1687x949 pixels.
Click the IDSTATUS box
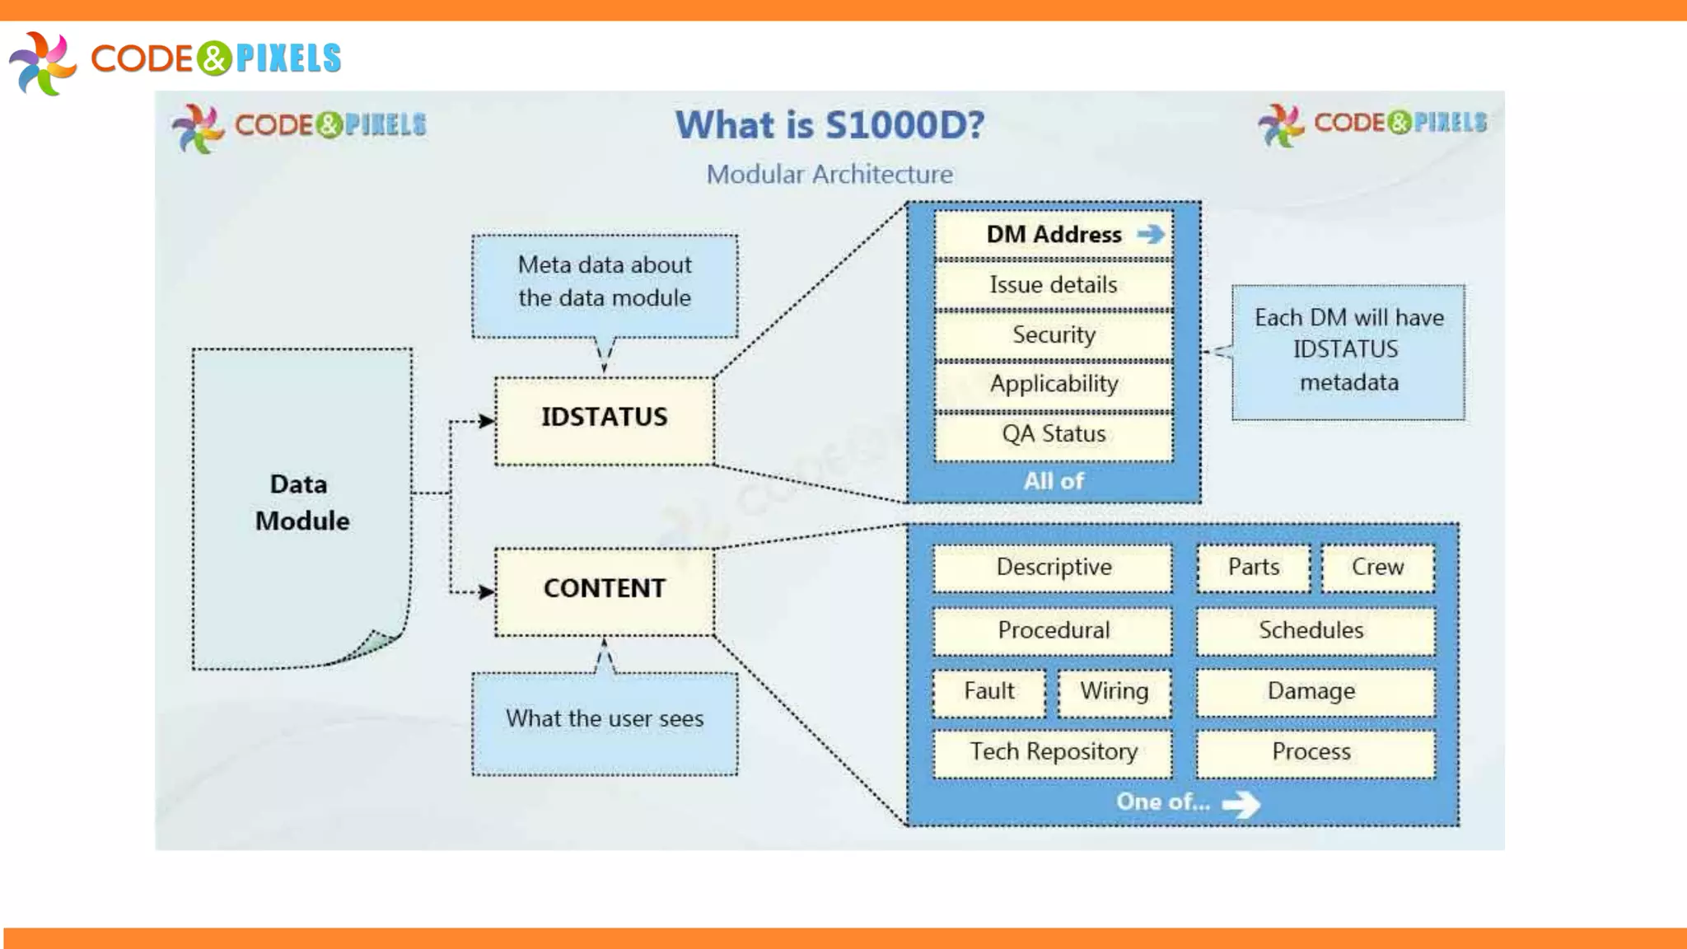604,420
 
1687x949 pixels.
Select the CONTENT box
604,591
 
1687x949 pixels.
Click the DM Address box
1053,235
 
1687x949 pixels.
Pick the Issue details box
1053,285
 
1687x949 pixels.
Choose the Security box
1053,335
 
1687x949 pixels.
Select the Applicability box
1053,385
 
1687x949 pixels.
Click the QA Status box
1053,435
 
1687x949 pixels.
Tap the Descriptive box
1053,568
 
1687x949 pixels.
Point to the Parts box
1253,568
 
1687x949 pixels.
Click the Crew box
1377,568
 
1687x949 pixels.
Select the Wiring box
1114,692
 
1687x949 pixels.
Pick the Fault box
988,692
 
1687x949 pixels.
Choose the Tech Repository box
1053,752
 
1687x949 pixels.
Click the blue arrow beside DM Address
1151,235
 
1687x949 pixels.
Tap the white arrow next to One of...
1241,804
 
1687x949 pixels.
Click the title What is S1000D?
829,125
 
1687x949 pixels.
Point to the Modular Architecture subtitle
829,175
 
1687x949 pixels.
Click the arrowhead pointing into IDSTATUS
487,421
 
